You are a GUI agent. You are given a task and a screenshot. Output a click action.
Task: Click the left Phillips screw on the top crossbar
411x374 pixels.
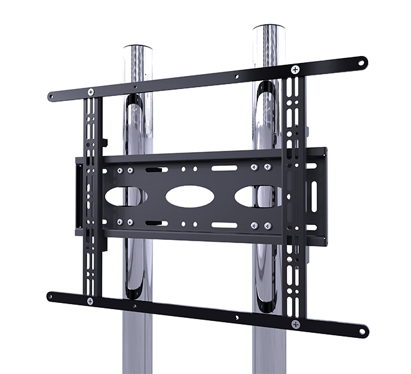91,92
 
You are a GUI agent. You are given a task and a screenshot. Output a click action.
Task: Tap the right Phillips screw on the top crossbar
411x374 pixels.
295,69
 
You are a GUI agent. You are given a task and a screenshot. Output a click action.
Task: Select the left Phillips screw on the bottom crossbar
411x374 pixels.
90,301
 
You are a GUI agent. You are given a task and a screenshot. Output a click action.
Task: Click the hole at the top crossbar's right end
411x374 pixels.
360,62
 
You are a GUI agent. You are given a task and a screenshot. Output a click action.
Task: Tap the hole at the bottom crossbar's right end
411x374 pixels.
361,331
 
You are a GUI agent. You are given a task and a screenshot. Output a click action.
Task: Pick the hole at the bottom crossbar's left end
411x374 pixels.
53,295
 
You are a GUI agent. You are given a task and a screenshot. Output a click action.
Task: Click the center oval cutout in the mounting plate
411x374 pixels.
190,196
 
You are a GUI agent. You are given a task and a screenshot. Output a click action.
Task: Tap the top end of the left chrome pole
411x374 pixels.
139,50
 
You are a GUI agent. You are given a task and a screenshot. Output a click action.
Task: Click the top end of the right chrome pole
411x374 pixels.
272,31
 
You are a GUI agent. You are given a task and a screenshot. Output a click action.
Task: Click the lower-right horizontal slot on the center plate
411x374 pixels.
224,225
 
